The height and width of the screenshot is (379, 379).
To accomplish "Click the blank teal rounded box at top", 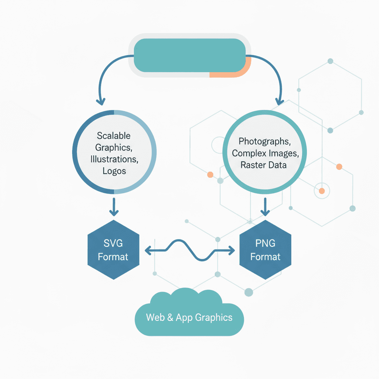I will click(189, 55).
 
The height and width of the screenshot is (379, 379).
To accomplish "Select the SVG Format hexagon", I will click(113, 250).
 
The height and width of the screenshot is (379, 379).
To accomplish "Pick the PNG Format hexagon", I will click(265, 250).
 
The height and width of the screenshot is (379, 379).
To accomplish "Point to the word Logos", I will click(114, 171).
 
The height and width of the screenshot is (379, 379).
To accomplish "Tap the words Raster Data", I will click(264, 165).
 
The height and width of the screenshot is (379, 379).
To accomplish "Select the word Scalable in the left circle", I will click(114, 136).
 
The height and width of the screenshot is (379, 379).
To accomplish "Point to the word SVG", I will click(113, 244).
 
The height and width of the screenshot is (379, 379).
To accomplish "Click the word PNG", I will click(265, 243).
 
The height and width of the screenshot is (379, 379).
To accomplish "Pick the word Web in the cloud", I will click(155, 317).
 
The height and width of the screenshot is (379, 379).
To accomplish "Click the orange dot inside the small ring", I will click(322, 191).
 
